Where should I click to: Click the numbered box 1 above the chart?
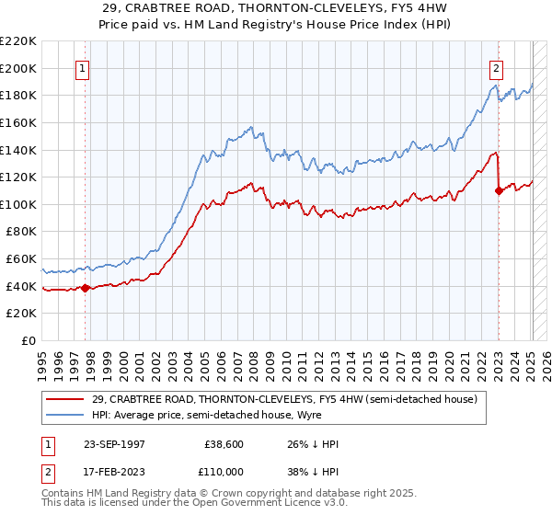pos(83,67)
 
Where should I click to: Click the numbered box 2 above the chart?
pos(496,67)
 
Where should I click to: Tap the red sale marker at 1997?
pos(86,288)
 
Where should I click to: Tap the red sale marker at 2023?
pos(499,190)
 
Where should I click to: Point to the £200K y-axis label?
pos(18,68)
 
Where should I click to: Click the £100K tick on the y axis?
pos(18,204)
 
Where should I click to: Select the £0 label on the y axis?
pos(28,340)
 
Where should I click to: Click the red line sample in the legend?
pos(66,400)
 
